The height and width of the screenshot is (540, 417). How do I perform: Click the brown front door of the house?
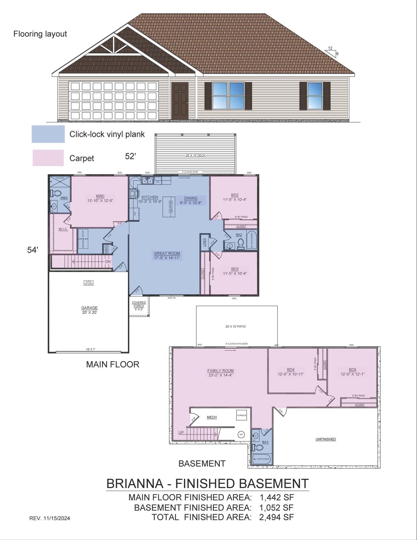point(180,101)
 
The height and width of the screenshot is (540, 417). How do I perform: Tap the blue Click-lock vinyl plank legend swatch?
point(48,134)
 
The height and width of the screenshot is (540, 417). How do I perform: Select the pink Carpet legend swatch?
point(48,158)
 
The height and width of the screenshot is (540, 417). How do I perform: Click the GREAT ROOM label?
point(167,255)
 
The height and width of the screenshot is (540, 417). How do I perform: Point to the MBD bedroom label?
point(100,198)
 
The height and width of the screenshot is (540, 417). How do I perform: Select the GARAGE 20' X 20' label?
point(89,310)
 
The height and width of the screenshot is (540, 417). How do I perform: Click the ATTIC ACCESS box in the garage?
point(89,283)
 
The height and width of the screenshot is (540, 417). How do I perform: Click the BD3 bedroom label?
point(235,271)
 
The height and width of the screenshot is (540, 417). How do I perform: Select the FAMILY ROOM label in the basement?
point(220,373)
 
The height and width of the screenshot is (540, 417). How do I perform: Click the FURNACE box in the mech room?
point(242,415)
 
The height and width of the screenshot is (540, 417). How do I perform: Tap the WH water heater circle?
point(241,434)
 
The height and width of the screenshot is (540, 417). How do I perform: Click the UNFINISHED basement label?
point(326,439)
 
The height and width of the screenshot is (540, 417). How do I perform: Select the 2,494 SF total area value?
point(276,517)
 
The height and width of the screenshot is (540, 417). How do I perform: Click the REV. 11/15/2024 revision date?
point(50,518)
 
